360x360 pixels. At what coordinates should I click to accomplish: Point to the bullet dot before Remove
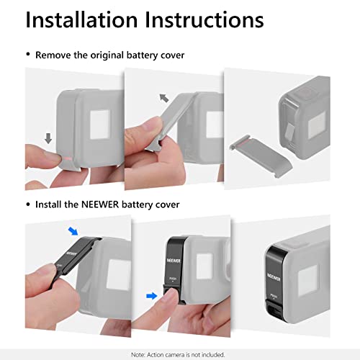(x=28, y=55)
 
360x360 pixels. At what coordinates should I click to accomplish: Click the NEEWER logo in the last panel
(x=276, y=275)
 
